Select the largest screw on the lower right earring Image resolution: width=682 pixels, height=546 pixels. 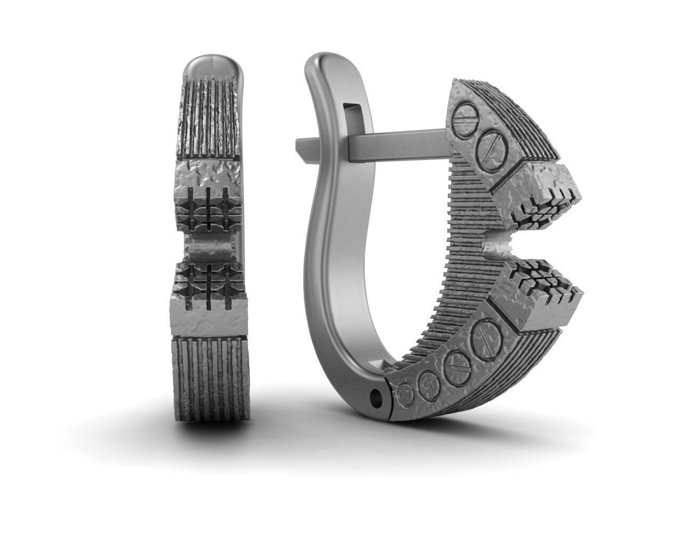(485, 339)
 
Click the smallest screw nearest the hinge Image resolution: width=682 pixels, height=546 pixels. (407, 395)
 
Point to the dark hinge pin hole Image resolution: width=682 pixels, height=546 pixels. (378, 397)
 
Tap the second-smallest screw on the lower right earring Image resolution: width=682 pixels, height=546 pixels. (429, 381)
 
